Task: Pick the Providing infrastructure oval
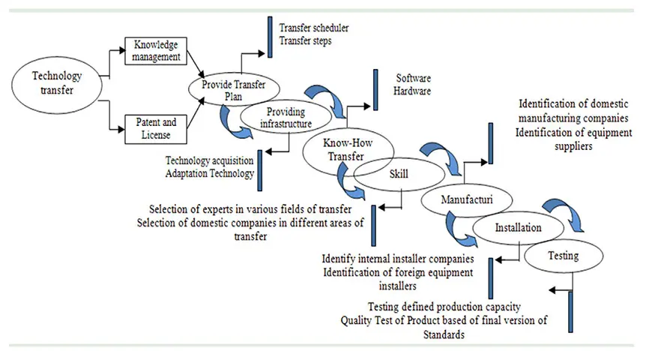tap(274, 118)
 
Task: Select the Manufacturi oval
tap(465, 199)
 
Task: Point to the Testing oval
tap(563, 256)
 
